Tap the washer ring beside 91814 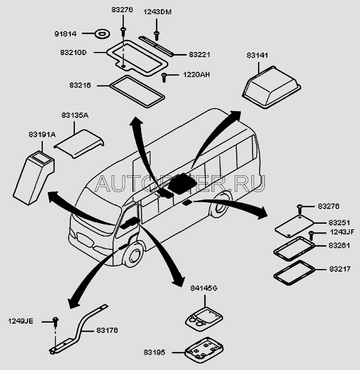point(102,35)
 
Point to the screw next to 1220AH point(164,77)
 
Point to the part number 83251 point(339,223)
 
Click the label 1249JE point(20,321)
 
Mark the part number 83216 point(80,86)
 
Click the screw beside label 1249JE point(56,321)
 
